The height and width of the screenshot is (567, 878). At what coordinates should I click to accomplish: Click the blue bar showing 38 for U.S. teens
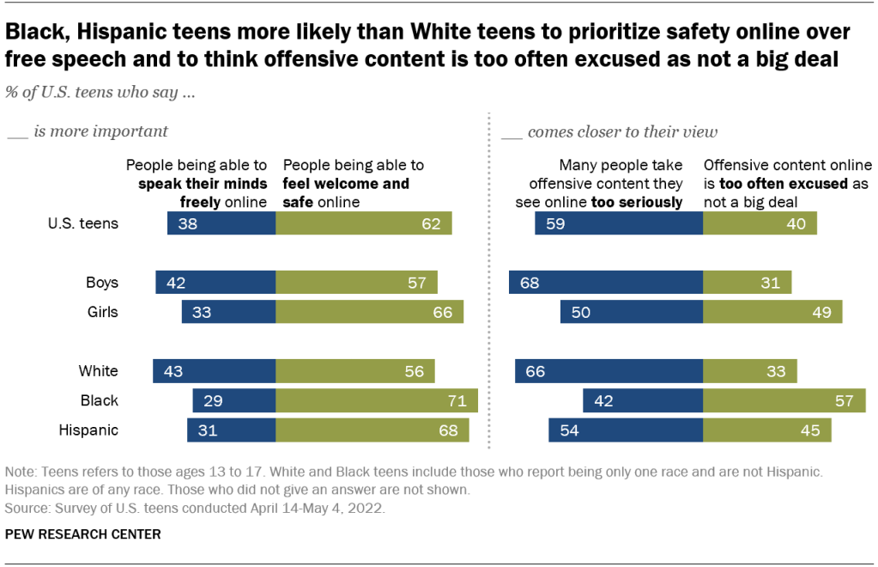(x=221, y=224)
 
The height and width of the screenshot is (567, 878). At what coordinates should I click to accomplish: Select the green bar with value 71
(x=377, y=400)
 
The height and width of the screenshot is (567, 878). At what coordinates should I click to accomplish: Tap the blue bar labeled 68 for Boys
(x=606, y=283)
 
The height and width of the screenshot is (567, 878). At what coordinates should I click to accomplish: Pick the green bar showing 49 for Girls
(x=772, y=312)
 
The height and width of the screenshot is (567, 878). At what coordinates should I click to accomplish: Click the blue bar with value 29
(x=234, y=400)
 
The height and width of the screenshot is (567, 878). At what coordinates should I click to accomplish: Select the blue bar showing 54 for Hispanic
(x=626, y=430)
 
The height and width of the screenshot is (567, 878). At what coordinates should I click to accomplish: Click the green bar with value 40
(x=760, y=224)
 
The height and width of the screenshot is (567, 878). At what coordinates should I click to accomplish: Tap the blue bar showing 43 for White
(x=215, y=371)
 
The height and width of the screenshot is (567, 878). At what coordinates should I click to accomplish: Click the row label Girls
(x=102, y=312)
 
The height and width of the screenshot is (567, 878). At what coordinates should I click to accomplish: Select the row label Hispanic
(x=88, y=430)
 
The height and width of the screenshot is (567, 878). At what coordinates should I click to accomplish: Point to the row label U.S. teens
(x=83, y=224)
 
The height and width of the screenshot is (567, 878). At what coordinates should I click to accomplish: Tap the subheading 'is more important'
(x=100, y=132)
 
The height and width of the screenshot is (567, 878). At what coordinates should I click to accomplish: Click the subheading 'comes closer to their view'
(x=622, y=132)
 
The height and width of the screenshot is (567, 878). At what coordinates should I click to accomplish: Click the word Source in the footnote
(x=27, y=507)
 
